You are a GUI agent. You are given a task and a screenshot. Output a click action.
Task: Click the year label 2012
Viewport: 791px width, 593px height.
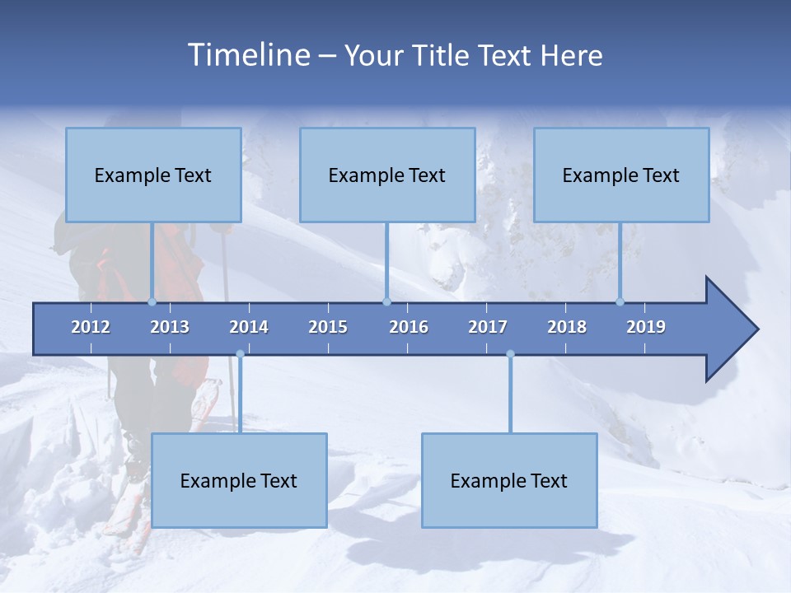[x=91, y=327]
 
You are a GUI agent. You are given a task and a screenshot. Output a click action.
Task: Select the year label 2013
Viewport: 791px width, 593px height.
[x=170, y=327]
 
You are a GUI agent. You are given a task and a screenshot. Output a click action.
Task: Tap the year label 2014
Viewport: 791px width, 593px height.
[x=249, y=327]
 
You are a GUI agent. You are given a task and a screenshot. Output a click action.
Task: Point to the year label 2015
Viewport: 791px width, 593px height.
[x=328, y=327]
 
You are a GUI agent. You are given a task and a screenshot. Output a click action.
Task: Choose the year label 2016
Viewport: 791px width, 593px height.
[x=409, y=327]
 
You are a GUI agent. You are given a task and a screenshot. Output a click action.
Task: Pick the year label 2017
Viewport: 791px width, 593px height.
[x=488, y=327]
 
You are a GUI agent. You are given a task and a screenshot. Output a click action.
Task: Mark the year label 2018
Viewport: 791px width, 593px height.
[x=567, y=327]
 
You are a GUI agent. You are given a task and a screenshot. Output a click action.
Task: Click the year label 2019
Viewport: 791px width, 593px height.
[x=646, y=327]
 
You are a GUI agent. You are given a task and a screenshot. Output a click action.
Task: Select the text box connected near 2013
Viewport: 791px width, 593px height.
[x=153, y=175]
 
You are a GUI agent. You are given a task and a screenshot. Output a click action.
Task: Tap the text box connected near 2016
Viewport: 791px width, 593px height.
[x=387, y=175]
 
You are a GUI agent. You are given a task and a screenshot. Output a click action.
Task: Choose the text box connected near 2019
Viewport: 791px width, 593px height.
[x=621, y=175]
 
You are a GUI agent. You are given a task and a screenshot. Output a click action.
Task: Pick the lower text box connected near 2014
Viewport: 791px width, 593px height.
[x=239, y=480]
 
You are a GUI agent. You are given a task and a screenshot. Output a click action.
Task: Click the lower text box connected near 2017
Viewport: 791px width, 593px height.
[x=509, y=480]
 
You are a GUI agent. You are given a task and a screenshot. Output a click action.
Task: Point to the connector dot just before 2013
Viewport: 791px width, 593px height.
[x=152, y=301]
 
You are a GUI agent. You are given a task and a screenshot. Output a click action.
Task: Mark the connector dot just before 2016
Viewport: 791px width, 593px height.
[x=386, y=301]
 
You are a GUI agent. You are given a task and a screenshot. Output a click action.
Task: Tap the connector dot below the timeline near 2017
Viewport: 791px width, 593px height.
[x=510, y=354]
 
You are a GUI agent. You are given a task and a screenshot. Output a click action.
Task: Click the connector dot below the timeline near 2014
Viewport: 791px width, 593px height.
[x=240, y=354]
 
